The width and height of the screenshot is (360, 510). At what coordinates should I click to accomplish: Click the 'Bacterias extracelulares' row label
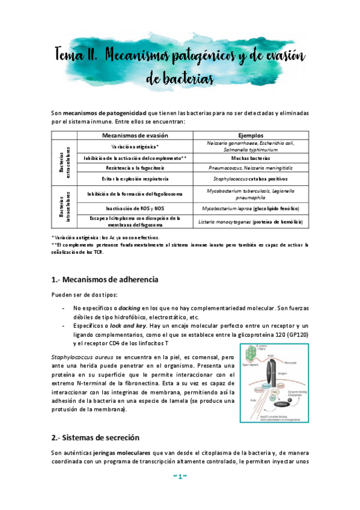(x=64, y=162)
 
